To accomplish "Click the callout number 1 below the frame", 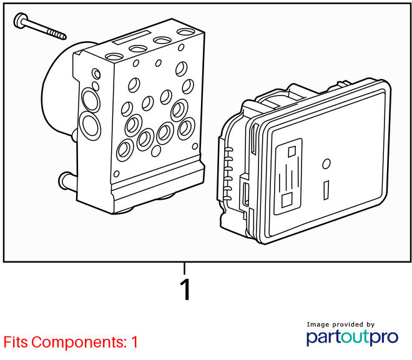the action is (x=185, y=289).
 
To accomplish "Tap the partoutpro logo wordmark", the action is (x=352, y=337).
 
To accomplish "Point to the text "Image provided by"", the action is (x=341, y=325).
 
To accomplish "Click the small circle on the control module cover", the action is (x=326, y=164).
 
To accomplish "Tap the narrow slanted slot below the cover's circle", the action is (x=326, y=190).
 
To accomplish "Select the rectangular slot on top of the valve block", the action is (x=131, y=38).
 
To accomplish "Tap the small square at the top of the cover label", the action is (x=292, y=152).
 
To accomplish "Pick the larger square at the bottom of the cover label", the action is (x=287, y=200).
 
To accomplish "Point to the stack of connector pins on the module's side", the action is (x=228, y=173).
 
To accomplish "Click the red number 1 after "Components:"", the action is (x=135, y=342).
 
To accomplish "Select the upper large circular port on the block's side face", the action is (x=91, y=100).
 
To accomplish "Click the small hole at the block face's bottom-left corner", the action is (x=116, y=174).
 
